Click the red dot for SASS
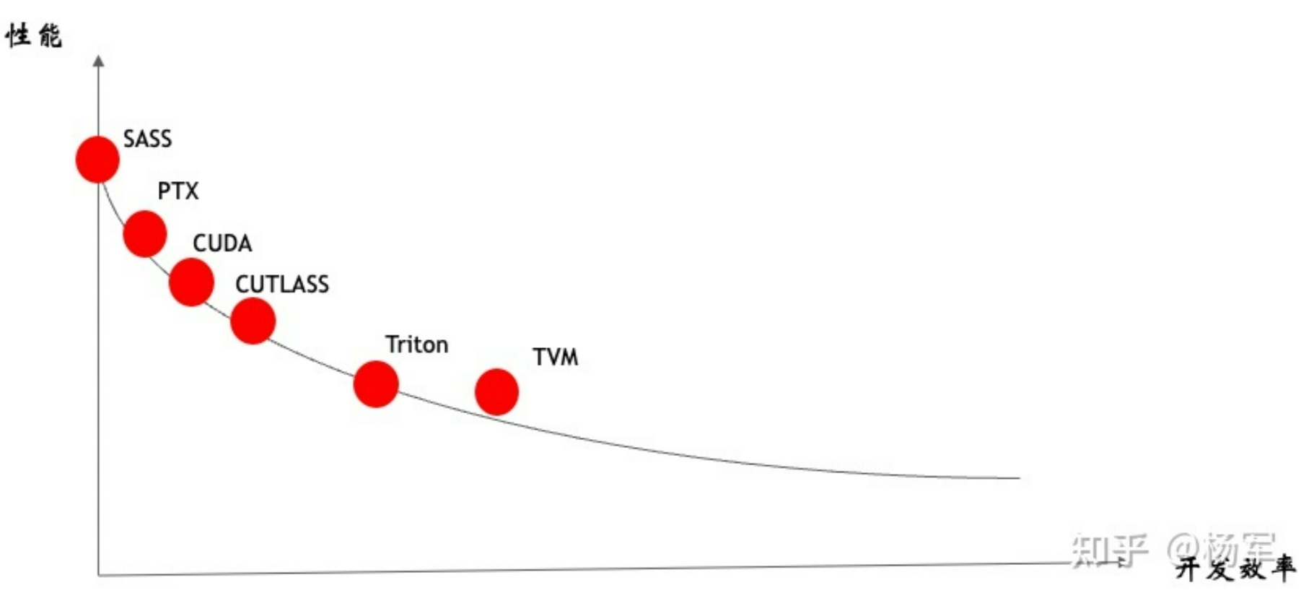pyautogui.click(x=97, y=159)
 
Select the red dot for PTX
pyautogui.click(x=145, y=234)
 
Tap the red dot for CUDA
pyautogui.click(x=191, y=282)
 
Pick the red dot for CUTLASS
pyautogui.click(x=253, y=321)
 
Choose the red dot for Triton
pyautogui.click(x=376, y=384)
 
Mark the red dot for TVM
pyautogui.click(x=496, y=392)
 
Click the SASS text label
pyautogui.click(x=147, y=139)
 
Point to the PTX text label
pyautogui.click(x=178, y=191)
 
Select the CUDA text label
pyautogui.click(x=222, y=243)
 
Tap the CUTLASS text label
pyautogui.click(x=282, y=285)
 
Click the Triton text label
pyautogui.click(x=416, y=345)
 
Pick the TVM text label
pyautogui.click(x=556, y=357)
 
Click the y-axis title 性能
pyautogui.click(x=33, y=35)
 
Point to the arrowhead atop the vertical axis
pyautogui.click(x=99, y=61)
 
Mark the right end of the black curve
pyautogui.click(x=1018, y=477)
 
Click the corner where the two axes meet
pyautogui.click(x=99, y=575)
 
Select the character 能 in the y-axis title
pyautogui.click(x=51, y=35)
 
